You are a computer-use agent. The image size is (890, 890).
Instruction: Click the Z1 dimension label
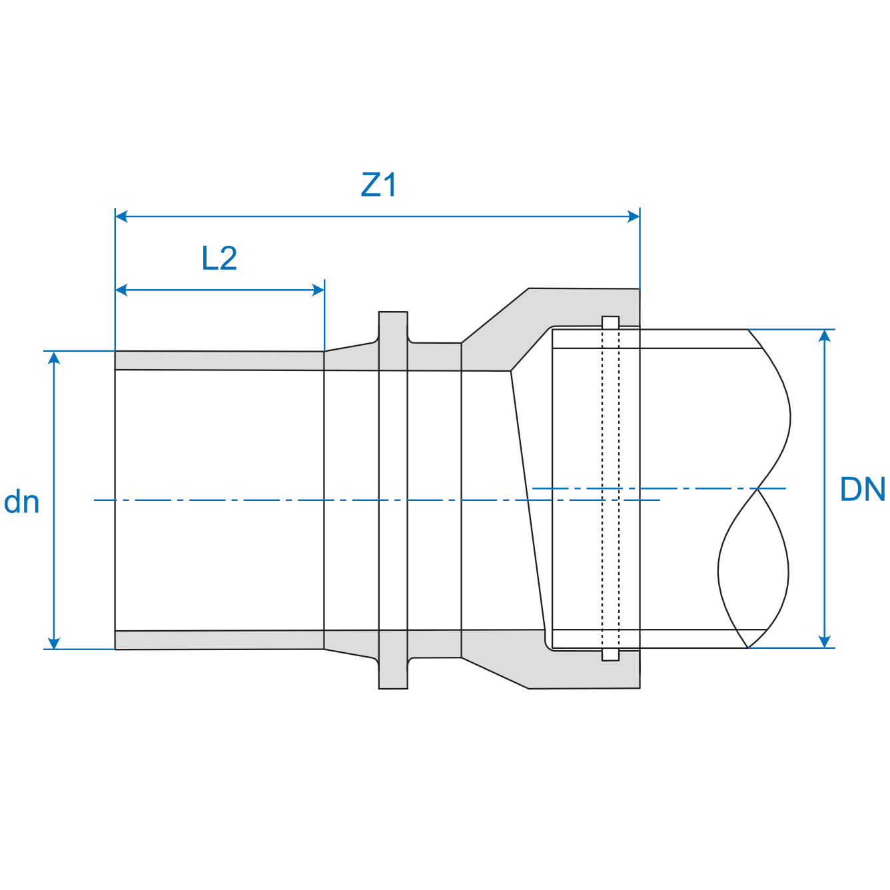(378, 185)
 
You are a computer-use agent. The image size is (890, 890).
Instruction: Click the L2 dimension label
(219, 258)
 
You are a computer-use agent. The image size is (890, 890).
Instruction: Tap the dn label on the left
(21, 502)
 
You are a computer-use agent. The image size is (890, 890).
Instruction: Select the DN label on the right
(862, 490)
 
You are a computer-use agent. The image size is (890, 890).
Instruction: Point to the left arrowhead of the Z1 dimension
(122, 217)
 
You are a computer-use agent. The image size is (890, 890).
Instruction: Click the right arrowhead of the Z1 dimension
(634, 217)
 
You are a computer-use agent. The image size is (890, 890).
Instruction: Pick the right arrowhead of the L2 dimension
(318, 290)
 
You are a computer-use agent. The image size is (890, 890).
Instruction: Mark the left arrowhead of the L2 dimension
(122, 290)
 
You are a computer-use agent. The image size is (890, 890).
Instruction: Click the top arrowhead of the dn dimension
(55, 358)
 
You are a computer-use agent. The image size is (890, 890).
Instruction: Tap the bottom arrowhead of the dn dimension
(55, 642)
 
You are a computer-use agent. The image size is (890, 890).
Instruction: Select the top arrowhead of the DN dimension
(825, 336)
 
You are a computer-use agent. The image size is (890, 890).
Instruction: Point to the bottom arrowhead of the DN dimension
(825, 641)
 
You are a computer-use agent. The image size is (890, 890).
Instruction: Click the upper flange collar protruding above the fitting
(393, 326)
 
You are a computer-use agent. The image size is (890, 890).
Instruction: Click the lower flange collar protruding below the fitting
(393, 673)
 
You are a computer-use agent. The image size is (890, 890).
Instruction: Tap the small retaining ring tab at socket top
(610, 322)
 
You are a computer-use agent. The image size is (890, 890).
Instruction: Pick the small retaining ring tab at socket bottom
(610, 655)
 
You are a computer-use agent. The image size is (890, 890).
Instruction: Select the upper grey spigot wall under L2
(220, 360)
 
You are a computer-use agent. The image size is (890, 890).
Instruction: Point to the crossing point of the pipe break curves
(757, 489)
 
